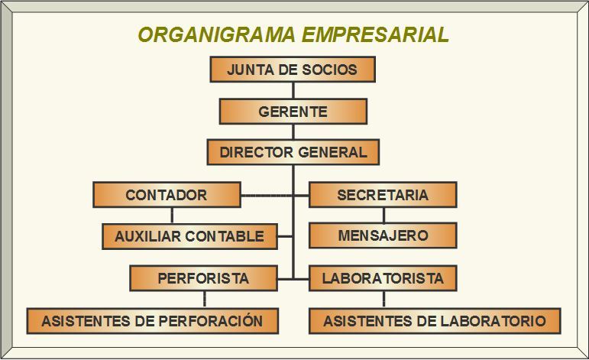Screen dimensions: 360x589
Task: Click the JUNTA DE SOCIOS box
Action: click(293, 70)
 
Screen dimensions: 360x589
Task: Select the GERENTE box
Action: click(293, 112)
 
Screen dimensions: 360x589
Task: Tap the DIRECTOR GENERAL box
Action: click(293, 152)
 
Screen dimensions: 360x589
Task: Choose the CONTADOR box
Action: click(167, 195)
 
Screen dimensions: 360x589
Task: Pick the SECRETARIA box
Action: click(382, 195)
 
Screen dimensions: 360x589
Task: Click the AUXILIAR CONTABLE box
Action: click(189, 236)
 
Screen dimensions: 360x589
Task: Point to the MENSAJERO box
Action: click(382, 235)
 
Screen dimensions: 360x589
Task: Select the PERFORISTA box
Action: click(203, 278)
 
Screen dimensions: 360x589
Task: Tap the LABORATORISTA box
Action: click(382, 278)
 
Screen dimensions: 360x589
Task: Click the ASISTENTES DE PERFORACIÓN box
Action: click(152, 321)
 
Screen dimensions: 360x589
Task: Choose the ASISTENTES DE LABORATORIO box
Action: click(434, 321)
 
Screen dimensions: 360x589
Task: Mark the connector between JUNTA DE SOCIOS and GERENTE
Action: click(293, 91)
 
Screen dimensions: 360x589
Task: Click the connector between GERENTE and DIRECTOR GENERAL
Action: click(293, 131)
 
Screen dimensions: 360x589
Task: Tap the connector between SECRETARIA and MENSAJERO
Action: click(383, 215)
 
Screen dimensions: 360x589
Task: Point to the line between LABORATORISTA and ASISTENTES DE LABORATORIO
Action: click(383, 300)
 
